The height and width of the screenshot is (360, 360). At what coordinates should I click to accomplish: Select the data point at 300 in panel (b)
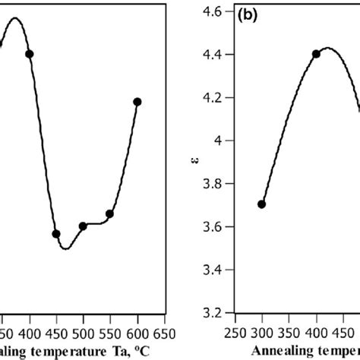[x=262, y=204]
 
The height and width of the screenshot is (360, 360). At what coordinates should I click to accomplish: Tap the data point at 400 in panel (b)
[x=316, y=53]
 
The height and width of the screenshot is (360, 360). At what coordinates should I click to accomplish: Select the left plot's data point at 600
[x=137, y=102]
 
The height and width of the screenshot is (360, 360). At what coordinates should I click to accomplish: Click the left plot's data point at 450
[x=56, y=234]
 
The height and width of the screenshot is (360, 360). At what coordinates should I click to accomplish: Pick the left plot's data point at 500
[x=84, y=226]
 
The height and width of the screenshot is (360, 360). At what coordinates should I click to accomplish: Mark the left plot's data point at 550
[x=110, y=214]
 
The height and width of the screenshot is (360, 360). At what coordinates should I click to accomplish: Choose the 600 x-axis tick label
[x=137, y=333]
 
